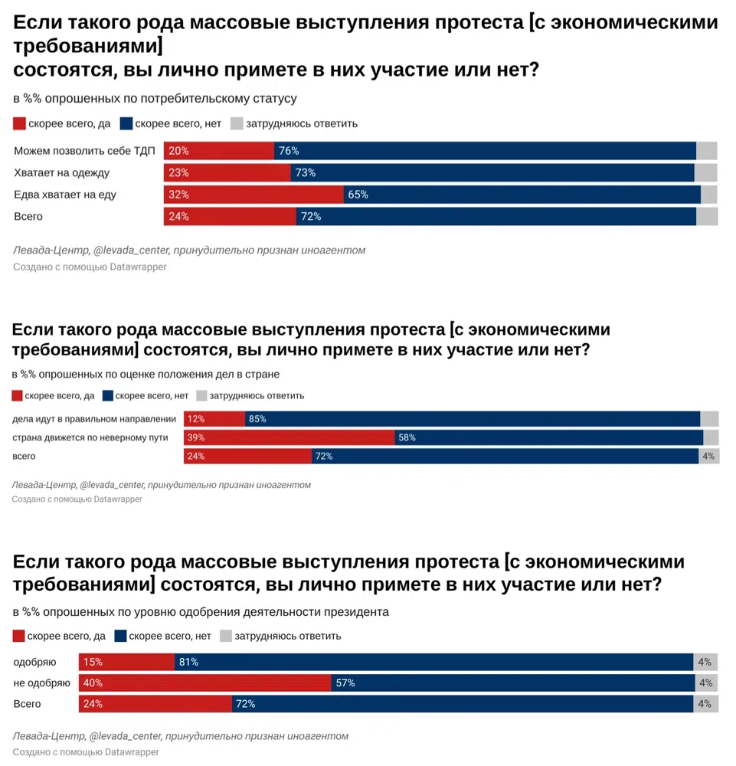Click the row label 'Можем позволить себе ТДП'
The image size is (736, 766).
pyautogui.click(x=84, y=151)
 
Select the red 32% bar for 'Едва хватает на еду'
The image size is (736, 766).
pyautogui.click(x=254, y=195)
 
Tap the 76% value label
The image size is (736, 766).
pyautogui.click(x=289, y=151)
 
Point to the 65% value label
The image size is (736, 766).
pyautogui.click(x=358, y=195)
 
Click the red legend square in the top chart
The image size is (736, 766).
pyautogui.click(x=20, y=123)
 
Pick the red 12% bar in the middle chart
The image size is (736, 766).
pyautogui.click(x=214, y=419)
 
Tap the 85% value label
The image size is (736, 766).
pyautogui.click(x=257, y=419)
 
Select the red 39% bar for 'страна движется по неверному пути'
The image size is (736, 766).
pyautogui.click(x=289, y=437)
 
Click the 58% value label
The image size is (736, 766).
pyautogui.click(x=407, y=437)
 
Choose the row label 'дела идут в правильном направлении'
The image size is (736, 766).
pyautogui.click(x=95, y=419)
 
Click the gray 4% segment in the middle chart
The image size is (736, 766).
pyautogui.click(x=708, y=457)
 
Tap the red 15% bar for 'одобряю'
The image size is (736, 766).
pyautogui.click(x=126, y=662)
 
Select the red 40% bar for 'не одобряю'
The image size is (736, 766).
pyautogui.click(x=204, y=683)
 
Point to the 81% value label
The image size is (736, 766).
pyautogui.click(x=188, y=662)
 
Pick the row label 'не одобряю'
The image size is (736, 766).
pyautogui.click(x=42, y=683)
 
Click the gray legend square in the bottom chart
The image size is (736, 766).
pyautogui.click(x=226, y=636)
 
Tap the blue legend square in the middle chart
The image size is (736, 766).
pyautogui.click(x=108, y=396)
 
